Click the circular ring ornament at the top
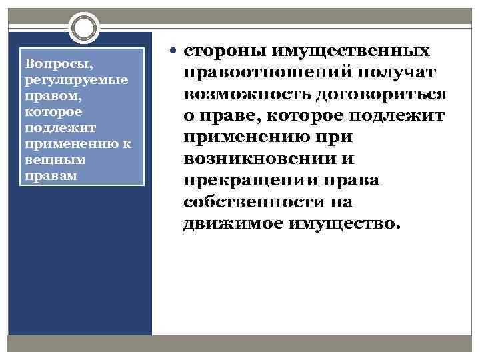click(x=83, y=29)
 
